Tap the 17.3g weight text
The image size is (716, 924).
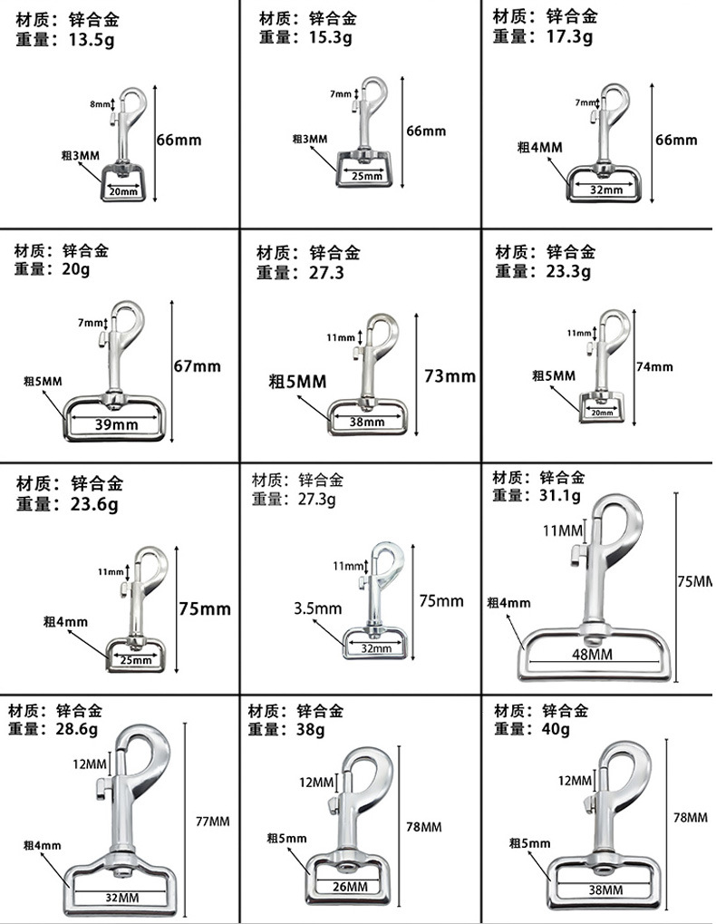[x=568, y=37]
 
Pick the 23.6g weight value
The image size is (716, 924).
[x=94, y=505]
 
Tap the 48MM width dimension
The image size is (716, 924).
[x=600, y=654]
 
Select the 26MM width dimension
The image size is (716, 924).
[x=351, y=887]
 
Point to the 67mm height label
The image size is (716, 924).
[x=197, y=366]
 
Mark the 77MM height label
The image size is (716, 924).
[x=213, y=822]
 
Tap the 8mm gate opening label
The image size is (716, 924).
[x=98, y=105]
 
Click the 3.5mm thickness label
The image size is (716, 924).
[x=317, y=608]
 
